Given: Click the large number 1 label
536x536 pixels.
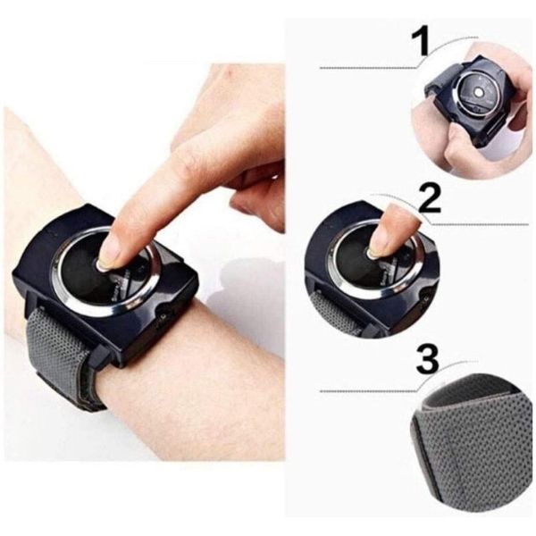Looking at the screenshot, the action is point(420,43).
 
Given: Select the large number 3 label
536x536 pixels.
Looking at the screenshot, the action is point(427,360).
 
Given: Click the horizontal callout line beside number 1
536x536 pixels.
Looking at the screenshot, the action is point(368,69).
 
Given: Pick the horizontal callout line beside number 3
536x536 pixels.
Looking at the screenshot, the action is point(368,390).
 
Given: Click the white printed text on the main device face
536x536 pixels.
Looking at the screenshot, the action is point(127,287).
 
